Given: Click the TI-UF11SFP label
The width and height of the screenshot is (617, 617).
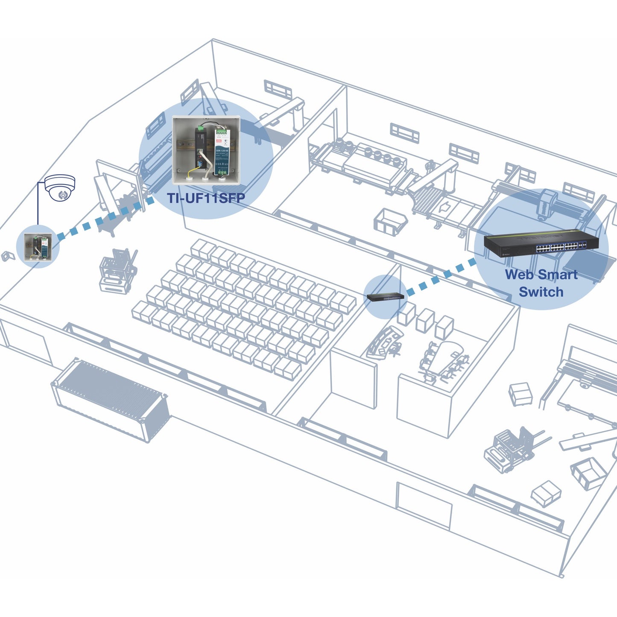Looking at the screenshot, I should (206, 198).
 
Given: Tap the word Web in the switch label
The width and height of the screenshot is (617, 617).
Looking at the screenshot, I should (518, 275).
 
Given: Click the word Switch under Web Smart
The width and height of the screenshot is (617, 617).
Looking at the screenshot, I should (541, 292).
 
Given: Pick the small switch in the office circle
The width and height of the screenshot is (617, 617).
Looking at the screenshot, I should (386, 297).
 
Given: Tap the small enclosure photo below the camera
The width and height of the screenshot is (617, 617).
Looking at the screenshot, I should (38, 247).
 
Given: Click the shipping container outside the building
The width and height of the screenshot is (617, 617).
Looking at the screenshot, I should (110, 400).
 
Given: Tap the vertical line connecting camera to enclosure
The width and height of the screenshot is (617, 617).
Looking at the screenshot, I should (38, 205).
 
